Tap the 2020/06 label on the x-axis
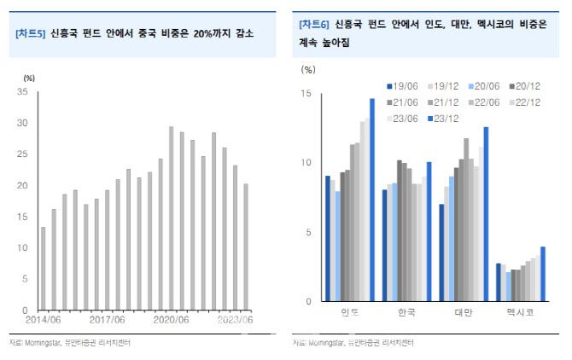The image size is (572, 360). [172, 320]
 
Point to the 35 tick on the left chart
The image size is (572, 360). [23, 91]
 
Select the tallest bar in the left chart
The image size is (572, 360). [171, 218]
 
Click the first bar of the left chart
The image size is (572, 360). [44, 268]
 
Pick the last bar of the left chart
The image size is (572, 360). [246, 247]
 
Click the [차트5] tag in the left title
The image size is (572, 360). [29, 33]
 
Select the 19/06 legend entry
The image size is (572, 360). [404, 85]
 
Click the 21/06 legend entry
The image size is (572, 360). [404, 102]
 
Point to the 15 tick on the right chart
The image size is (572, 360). [305, 93]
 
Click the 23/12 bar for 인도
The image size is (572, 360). [371, 200]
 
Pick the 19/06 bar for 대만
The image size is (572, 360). [441, 253]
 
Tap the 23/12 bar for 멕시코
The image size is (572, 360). [542, 273]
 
